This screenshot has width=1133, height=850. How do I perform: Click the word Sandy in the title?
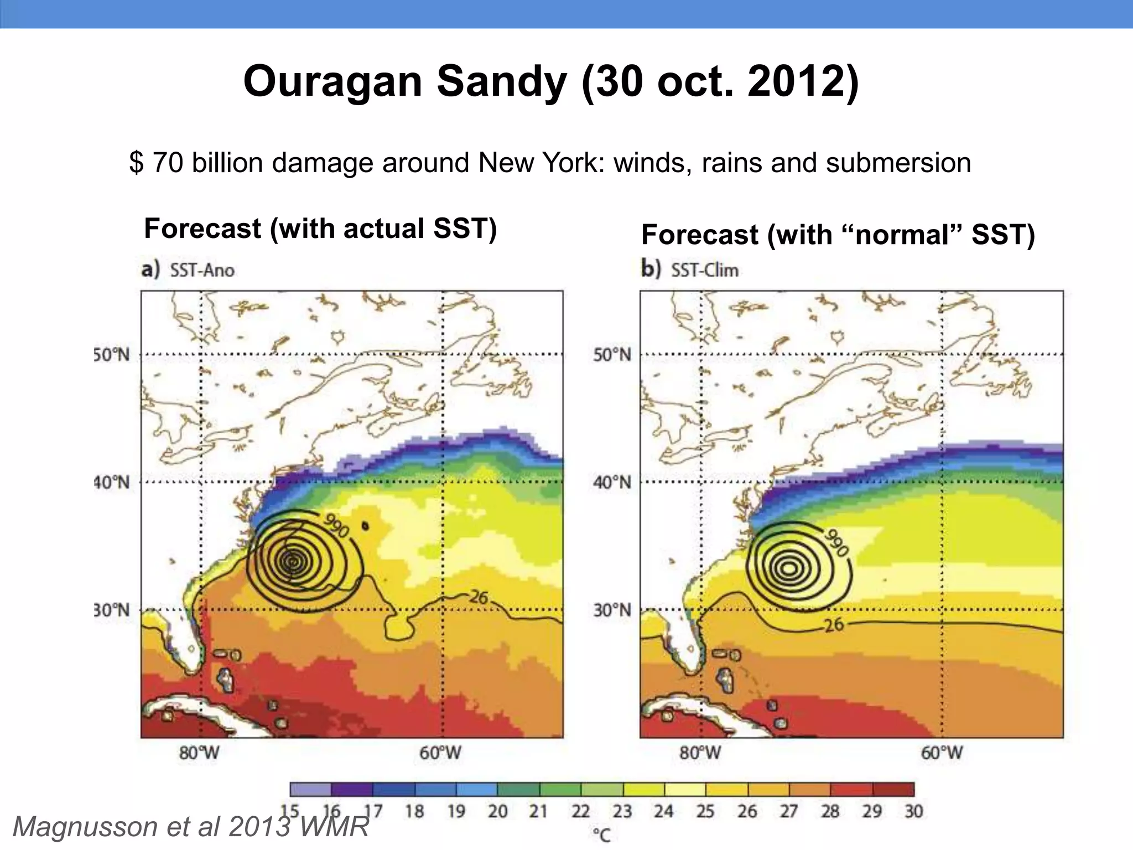(502, 81)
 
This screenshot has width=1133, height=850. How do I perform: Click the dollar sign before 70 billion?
(136, 163)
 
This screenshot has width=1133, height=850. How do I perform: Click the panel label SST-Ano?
(202, 271)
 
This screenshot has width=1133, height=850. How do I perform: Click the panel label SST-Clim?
(704, 271)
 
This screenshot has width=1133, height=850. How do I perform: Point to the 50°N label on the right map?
(611, 355)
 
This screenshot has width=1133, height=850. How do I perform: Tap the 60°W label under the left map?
(440, 753)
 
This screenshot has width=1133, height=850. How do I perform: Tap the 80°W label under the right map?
(700, 753)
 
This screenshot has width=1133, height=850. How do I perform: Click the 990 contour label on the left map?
(336, 526)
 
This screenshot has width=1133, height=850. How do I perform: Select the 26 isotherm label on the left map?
(479, 597)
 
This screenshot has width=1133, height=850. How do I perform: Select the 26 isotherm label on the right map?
(834, 625)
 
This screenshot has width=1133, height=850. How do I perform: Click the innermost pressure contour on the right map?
(789, 568)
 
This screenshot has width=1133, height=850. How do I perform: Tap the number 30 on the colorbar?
(913, 812)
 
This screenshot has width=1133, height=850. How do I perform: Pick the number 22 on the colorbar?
(580, 812)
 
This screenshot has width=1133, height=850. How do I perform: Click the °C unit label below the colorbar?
(601, 835)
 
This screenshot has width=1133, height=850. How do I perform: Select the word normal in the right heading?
(902, 235)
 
